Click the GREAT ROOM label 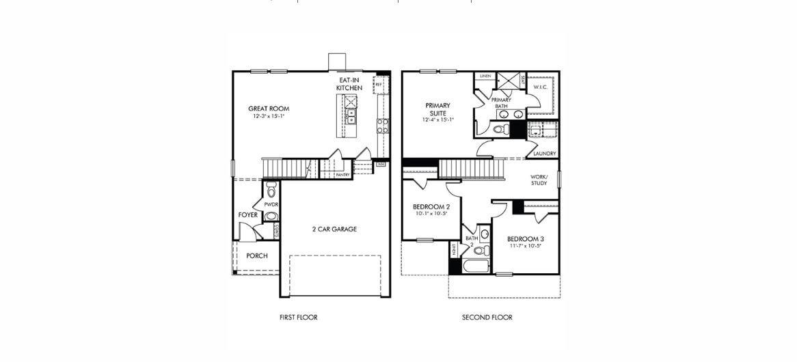269,109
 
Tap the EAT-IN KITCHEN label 349,84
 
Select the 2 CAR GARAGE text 334,229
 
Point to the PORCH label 257,256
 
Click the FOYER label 247,215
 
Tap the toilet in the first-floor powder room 271,188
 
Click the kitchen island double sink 351,116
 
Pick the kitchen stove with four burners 383,125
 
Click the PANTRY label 342,175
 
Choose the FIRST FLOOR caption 298,318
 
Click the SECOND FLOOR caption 487,318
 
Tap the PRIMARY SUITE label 437,109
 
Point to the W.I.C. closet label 541,88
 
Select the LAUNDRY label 545,154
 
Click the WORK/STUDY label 539,180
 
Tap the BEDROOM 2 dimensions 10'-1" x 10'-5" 431,214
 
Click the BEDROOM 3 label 525,239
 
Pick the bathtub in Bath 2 476,266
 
